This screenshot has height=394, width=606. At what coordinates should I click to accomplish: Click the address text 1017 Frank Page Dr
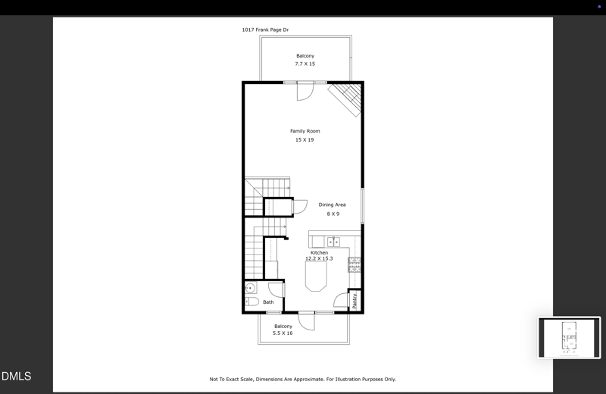click(x=265, y=30)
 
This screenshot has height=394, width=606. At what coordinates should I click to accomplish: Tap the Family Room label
click(x=305, y=131)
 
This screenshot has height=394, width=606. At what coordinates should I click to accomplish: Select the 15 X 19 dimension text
click(x=305, y=140)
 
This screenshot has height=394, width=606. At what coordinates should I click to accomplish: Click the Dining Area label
click(x=332, y=205)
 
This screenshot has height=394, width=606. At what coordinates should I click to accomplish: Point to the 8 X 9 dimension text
click(x=333, y=214)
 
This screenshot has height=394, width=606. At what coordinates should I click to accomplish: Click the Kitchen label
click(x=319, y=252)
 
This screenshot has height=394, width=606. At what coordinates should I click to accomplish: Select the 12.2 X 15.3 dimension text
click(x=319, y=259)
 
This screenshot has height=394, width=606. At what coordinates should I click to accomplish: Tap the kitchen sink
click(x=333, y=242)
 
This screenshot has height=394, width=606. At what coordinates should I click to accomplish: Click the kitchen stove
click(x=354, y=264)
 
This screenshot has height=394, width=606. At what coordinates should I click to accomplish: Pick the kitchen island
click(x=317, y=277)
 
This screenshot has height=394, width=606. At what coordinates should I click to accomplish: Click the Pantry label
click(x=355, y=301)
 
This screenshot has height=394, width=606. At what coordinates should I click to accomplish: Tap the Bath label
click(x=268, y=302)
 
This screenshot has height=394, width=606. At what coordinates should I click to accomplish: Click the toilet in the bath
click(x=251, y=302)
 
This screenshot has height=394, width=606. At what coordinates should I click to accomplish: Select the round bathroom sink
click(x=250, y=289)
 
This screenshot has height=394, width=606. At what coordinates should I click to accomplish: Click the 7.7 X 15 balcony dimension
click(x=305, y=64)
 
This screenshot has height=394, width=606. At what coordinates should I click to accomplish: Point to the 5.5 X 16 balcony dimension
click(x=283, y=333)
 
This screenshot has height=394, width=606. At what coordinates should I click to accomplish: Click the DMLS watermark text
click(x=16, y=376)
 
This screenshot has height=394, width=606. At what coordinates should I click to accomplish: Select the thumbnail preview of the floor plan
click(x=569, y=337)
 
